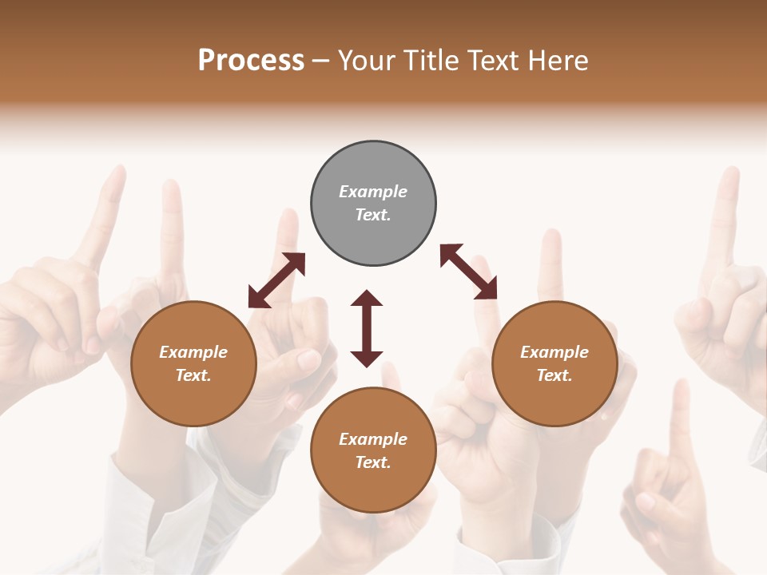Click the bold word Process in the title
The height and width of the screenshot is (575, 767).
[251, 60]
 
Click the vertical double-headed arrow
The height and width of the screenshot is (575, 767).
[367, 328]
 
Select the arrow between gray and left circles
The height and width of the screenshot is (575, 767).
[276, 280]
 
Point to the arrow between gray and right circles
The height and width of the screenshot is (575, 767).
[468, 272]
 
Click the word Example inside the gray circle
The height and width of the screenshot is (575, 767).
[373, 192]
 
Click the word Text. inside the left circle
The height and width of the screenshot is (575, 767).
[193, 375]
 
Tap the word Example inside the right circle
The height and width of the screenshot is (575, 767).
[554, 352]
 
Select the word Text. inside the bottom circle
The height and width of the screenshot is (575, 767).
[373, 462]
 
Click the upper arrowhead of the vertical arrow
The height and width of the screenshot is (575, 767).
[367, 298]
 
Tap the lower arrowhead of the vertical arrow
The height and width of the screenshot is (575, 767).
[367, 359]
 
